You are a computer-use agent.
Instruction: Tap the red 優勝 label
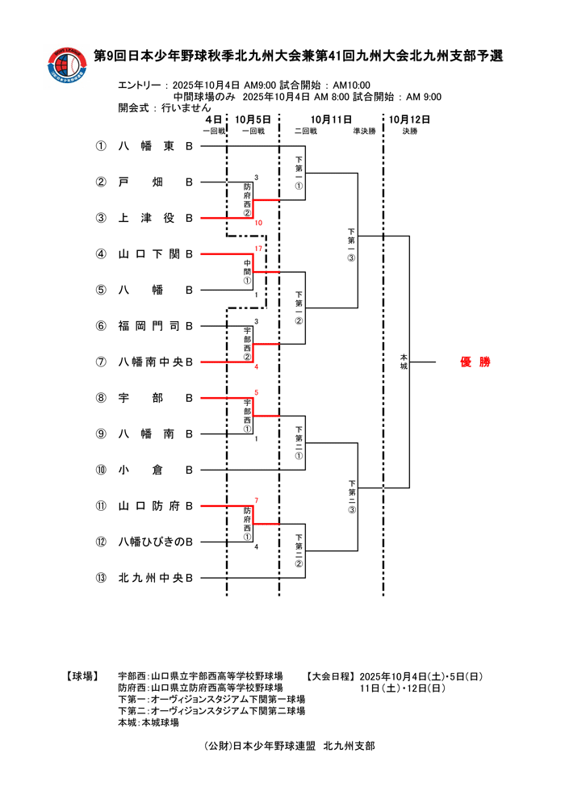coord(475,362)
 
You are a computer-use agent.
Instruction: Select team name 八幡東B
coord(155,147)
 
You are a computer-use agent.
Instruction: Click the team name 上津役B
coord(155,218)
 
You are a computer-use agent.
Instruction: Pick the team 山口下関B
coord(155,254)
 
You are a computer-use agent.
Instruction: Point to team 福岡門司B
coord(155,326)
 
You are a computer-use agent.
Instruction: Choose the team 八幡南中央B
coord(155,362)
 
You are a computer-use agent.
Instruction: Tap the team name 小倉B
coord(155,470)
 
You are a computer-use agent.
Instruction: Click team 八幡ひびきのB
coord(155,542)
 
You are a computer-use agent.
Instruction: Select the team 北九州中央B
coord(155,578)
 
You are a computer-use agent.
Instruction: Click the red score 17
coord(258,248)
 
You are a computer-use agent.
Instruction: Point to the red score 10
coord(258,223)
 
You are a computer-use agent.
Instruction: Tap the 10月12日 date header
coord(409,119)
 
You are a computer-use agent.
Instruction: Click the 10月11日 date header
coord(331,119)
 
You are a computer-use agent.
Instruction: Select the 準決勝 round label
coord(364,131)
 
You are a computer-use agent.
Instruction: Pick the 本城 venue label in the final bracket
coord(404,362)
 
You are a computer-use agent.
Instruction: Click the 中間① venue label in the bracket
coord(248,272)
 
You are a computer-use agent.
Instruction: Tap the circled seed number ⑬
coord(101,578)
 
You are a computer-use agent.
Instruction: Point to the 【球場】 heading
coord(82,676)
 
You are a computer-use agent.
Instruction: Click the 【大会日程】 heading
coord(330,676)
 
